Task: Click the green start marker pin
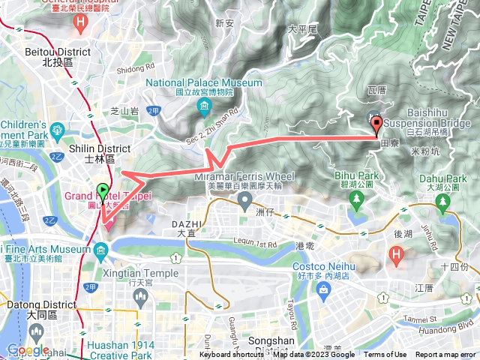coord(102,191)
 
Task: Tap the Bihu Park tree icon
coord(354,198)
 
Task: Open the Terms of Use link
coord(385,355)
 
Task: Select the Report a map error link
coord(445,355)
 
